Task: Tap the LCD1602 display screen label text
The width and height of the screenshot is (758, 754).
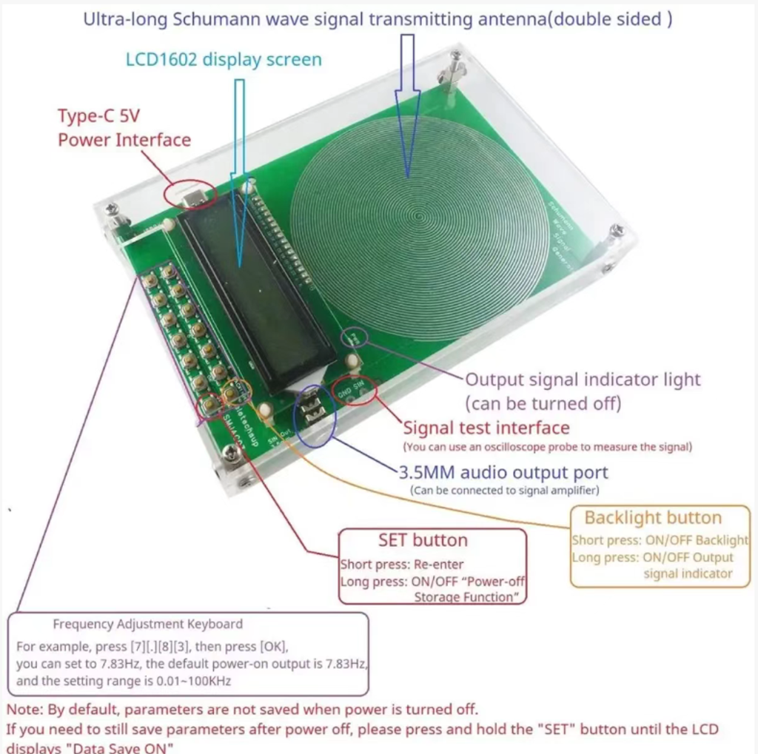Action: tap(224, 59)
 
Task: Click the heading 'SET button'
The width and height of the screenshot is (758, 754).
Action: tap(423, 540)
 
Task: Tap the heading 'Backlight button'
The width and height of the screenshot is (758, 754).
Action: tap(652, 517)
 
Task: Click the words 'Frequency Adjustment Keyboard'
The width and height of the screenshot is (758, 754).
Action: tap(147, 624)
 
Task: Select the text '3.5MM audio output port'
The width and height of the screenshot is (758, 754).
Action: tap(503, 472)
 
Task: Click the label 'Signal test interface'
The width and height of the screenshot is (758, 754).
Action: tap(486, 428)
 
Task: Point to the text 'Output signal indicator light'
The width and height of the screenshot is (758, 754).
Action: tap(583, 380)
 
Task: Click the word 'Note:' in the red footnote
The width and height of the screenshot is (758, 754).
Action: tap(24, 710)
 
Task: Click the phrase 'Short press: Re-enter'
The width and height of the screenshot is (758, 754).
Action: tap(402, 565)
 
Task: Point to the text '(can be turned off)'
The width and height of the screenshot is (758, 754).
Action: tap(543, 404)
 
